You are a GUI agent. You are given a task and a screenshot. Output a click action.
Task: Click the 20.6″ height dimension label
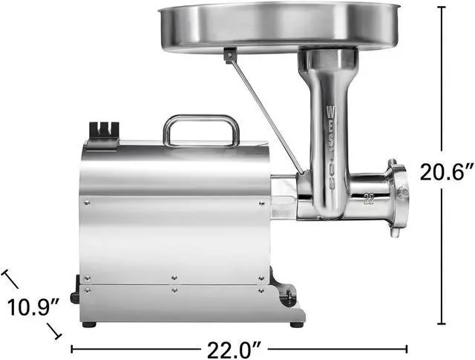[x=447, y=172]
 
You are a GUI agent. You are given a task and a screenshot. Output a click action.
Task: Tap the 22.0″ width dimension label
[x=235, y=350]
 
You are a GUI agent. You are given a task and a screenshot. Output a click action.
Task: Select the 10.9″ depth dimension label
[x=33, y=307]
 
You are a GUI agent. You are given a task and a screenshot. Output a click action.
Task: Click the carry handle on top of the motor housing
[x=201, y=131]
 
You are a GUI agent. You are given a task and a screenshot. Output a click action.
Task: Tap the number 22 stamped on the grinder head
[x=370, y=197]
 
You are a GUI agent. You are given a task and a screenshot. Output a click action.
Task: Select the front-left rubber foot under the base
[x=89, y=324]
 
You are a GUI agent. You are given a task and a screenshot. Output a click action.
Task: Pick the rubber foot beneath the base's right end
[x=297, y=324]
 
